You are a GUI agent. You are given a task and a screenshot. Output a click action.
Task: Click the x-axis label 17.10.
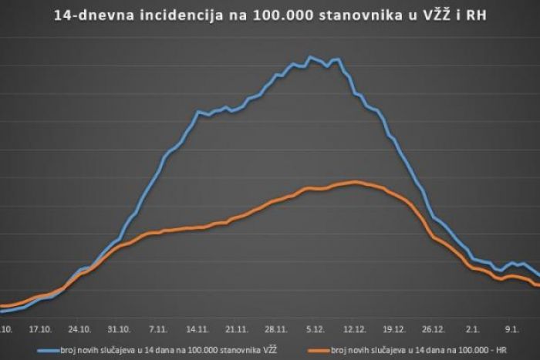click(x=40, y=327)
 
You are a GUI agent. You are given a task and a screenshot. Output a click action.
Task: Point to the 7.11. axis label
click(x=159, y=327)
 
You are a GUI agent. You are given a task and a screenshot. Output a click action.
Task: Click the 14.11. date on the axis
click(x=198, y=327)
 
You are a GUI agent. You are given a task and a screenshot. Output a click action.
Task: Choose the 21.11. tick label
click(x=237, y=327)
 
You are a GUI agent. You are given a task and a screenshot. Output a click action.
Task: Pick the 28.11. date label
click(x=276, y=327)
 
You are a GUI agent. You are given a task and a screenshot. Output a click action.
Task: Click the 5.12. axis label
click(x=316, y=327)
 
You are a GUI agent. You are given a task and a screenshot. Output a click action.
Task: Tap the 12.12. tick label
click(x=355, y=327)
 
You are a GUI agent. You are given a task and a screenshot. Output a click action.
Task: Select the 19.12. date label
click(x=394, y=327)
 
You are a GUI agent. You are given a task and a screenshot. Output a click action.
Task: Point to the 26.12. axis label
click(x=434, y=327)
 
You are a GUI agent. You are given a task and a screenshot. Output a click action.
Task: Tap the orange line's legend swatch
click(x=314, y=349)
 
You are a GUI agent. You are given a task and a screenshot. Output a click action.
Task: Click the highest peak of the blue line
click(x=310, y=57)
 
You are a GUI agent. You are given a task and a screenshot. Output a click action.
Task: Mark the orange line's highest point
click(x=355, y=182)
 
